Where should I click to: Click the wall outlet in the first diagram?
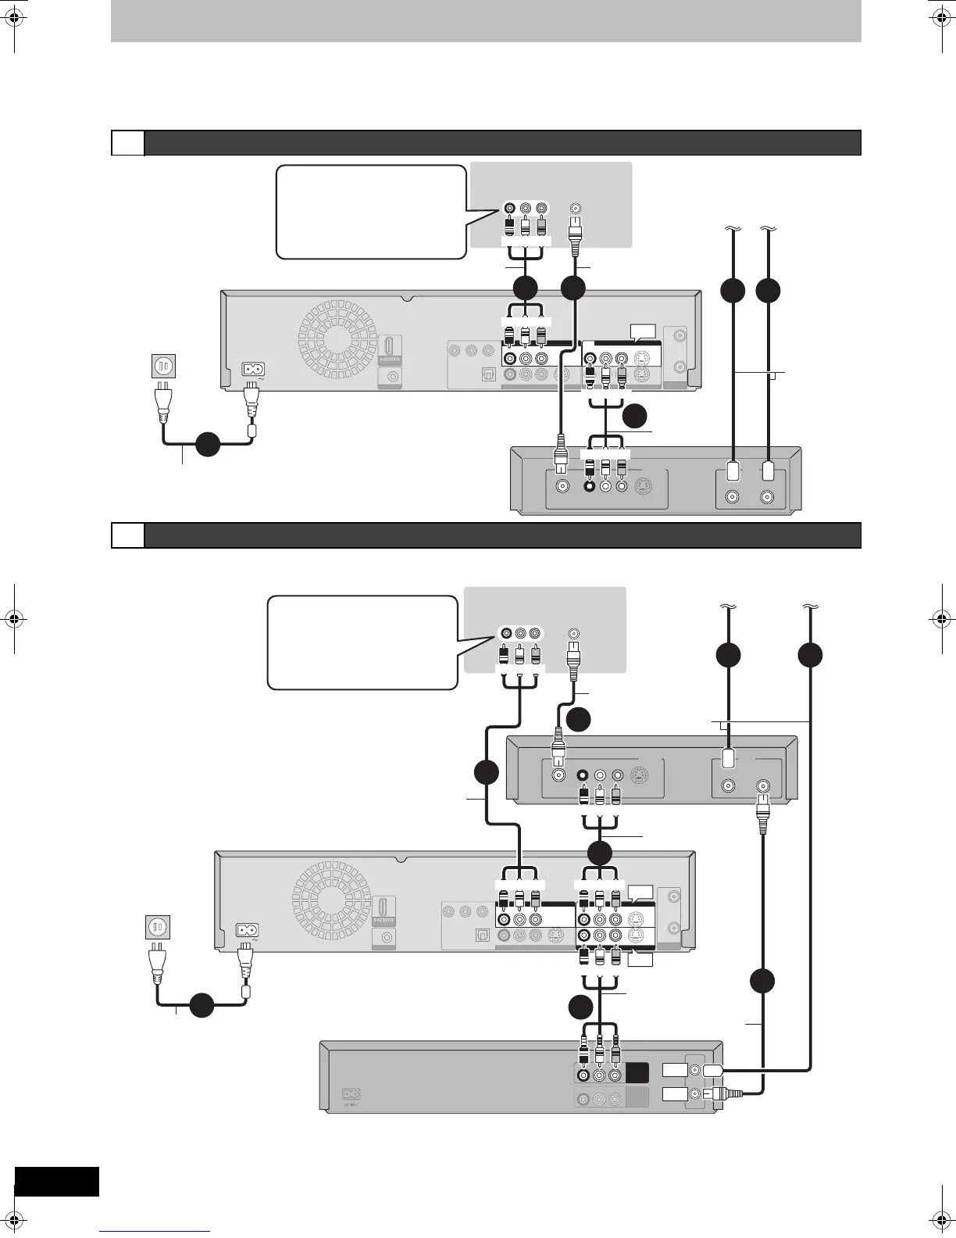(163, 365)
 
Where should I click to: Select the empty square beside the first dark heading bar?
(127, 143)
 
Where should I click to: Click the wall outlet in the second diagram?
(159, 928)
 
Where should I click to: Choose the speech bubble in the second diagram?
(362, 642)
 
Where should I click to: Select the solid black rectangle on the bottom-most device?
(637, 1073)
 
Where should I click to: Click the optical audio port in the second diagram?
(483, 936)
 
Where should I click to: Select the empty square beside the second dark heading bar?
(127, 535)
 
